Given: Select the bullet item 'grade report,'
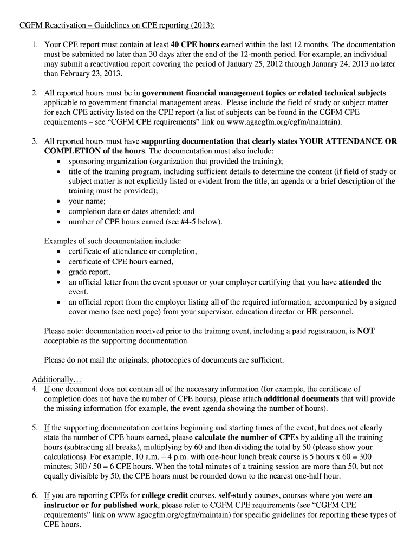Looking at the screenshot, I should click(89, 272).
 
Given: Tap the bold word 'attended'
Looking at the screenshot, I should click(354, 282).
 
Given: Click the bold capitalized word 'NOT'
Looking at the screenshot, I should click(366, 331).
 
